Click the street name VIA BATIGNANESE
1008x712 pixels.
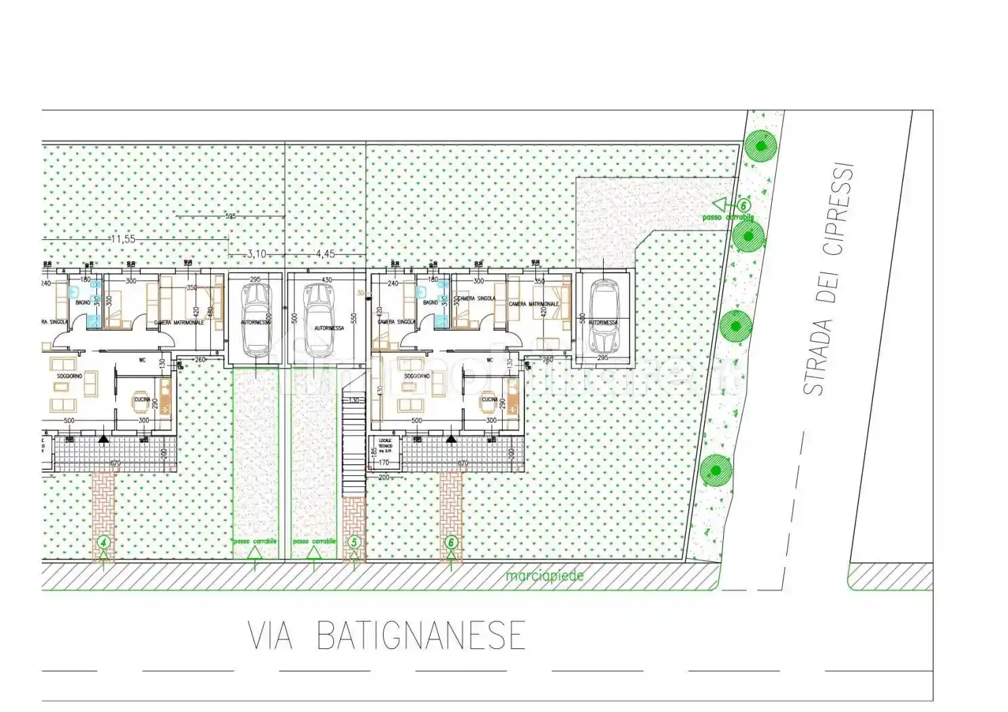pyautogui.click(x=387, y=635)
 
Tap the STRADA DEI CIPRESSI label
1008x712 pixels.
pyautogui.click(x=828, y=278)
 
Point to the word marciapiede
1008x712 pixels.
pyautogui.click(x=544, y=576)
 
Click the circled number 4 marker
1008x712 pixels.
pyautogui.click(x=103, y=542)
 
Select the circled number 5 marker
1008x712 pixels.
pyautogui.click(x=353, y=542)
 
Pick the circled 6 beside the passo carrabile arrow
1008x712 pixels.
pyautogui.click(x=743, y=205)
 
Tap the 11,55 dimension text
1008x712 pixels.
pyautogui.click(x=123, y=239)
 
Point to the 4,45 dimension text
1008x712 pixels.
pyautogui.click(x=325, y=254)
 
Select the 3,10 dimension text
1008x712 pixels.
pyautogui.click(x=256, y=254)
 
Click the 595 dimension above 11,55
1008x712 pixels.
pyautogui.click(x=230, y=216)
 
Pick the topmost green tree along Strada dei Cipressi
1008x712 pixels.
pyautogui.click(x=760, y=146)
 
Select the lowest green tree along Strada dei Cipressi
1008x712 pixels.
pyautogui.click(x=715, y=469)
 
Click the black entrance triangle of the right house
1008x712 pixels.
pyautogui.click(x=450, y=439)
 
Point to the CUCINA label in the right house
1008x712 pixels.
pyautogui.click(x=489, y=400)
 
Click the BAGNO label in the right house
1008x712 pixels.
pyautogui.click(x=430, y=302)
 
